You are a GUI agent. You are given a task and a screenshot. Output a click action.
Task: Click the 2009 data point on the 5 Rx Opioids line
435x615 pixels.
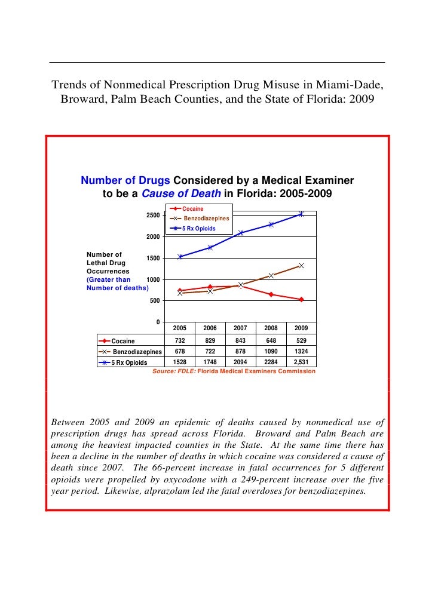click(301, 214)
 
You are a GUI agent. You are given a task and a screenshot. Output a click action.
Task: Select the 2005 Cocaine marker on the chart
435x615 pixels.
click(180, 291)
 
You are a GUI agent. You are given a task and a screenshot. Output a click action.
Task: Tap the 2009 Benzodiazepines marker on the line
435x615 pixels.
click(301, 265)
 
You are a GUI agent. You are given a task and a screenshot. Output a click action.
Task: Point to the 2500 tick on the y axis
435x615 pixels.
click(153, 215)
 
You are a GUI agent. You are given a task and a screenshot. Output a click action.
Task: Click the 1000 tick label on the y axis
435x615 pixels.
click(153, 279)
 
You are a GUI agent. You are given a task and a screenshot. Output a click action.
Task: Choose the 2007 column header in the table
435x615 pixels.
click(240, 328)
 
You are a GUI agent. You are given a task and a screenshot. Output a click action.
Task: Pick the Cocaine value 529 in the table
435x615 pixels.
click(301, 340)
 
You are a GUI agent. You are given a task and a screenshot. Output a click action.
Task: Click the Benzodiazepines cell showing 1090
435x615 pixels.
click(271, 351)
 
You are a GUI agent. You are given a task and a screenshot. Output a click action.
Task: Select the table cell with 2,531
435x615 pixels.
click(301, 362)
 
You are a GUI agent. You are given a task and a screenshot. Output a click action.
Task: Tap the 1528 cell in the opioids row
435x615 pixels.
click(180, 362)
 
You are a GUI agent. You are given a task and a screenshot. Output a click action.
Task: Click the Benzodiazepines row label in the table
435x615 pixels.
click(137, 352)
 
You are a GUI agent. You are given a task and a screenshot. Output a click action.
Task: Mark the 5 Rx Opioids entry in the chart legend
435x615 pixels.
click(198, 229)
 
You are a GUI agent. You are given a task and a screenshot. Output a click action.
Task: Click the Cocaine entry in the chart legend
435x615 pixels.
click(192, 209)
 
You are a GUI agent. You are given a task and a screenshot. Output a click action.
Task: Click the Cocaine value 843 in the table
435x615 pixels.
click(240, 340)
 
